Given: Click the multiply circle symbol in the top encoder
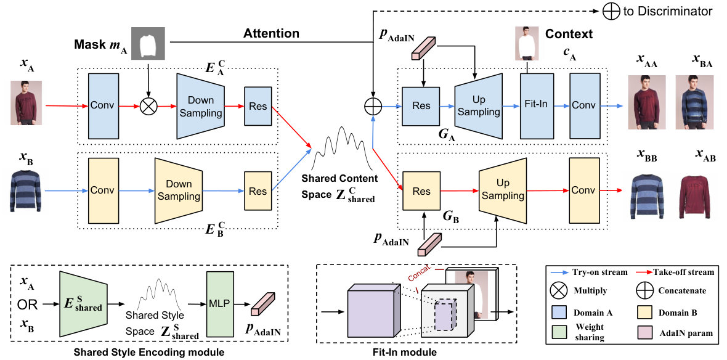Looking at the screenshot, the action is [148, 107].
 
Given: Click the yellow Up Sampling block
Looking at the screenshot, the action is [503, 190].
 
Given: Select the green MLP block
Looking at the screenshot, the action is [220, 305].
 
